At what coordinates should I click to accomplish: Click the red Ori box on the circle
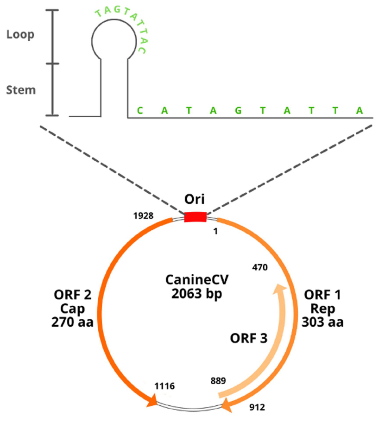195,216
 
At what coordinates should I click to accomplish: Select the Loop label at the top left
20,35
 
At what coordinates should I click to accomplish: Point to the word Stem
21,89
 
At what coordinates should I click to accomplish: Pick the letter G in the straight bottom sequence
237,111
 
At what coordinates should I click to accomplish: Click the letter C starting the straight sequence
139,111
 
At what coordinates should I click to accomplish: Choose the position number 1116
164,385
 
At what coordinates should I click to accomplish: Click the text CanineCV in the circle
191,280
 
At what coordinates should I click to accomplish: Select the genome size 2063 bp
190,294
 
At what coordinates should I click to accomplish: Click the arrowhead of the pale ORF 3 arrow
279,290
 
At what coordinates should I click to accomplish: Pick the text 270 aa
73,322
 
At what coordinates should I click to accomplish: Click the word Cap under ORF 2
73,308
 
